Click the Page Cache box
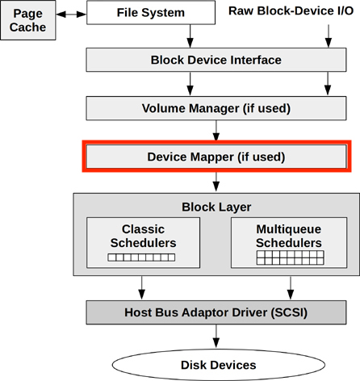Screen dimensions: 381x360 (27, 20)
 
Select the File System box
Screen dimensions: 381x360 (151, 13)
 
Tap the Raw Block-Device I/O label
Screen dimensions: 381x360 (291, 11)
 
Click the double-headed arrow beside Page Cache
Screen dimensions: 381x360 (71, 13)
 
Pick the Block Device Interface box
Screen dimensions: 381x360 (216, 60)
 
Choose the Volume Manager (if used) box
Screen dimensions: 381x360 (216, 108)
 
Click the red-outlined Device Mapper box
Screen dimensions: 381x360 (216, 155)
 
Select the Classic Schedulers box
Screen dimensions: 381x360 (143, 242)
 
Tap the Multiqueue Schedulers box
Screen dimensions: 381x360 (288, 242)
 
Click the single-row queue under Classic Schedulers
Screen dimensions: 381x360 (143, 259)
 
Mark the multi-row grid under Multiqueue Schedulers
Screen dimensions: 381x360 (288, 258)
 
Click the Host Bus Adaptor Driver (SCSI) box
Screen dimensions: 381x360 (216, 312)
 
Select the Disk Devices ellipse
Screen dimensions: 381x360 (216, 365)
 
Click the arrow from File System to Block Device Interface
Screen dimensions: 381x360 (190, 36)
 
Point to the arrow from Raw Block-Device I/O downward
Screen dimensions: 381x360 (327, 36)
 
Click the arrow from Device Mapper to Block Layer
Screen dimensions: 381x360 (216, 182)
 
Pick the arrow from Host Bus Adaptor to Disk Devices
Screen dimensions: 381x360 (216, 336)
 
